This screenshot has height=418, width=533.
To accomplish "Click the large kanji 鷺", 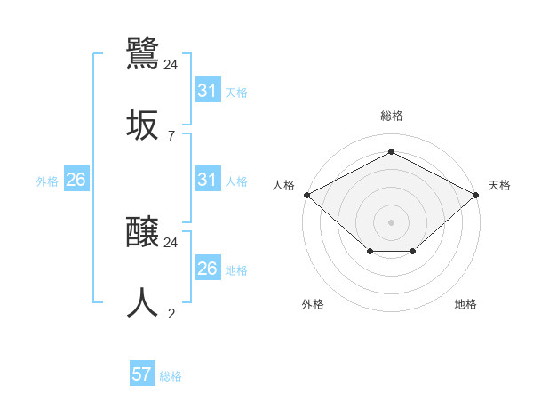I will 143,52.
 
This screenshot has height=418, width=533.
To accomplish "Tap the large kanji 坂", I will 143,125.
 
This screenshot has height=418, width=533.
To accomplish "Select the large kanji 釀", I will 143,233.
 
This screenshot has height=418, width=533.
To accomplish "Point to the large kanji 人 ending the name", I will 143,302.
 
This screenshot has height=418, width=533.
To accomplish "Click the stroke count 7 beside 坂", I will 171,136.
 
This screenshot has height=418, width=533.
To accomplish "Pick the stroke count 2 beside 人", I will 171,313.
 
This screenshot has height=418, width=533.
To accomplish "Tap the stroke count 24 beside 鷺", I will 171,65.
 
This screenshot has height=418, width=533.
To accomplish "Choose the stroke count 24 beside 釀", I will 171,242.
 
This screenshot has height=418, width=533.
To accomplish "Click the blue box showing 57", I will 142,374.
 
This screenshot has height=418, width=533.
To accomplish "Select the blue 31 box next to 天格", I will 208,91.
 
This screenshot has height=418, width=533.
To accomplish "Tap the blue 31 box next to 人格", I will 208,181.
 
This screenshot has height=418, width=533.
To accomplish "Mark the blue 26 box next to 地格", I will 208,269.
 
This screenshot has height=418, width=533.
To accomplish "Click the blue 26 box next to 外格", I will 76,181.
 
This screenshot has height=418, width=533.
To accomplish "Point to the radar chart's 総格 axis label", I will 391,116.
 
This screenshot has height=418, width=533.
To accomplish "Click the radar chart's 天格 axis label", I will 499,185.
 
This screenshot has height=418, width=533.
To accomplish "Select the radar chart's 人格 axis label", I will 283,185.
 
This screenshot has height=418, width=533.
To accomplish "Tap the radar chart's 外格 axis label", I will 313,304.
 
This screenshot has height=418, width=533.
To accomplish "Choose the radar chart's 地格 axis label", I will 465,304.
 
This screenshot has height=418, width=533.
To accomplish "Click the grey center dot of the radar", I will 391,221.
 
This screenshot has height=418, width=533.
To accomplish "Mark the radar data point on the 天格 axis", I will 477,194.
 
